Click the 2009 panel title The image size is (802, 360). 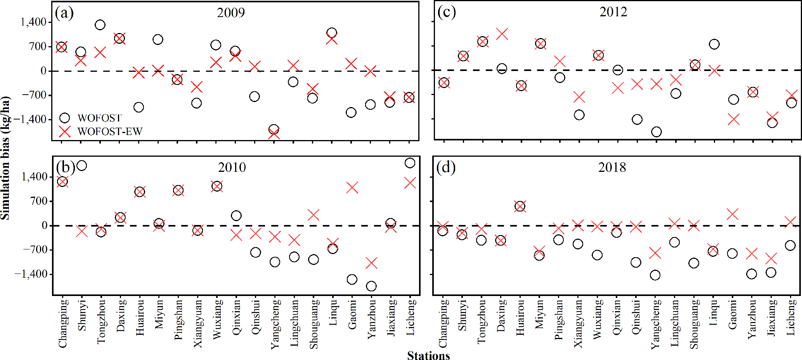(231, 13)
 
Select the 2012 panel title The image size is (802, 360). (613, 12)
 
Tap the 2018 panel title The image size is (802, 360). (612, 167)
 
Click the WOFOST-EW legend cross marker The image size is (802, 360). (64, 132)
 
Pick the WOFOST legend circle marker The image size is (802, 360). (64, 118)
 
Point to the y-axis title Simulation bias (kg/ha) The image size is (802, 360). (5, 158)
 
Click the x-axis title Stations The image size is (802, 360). (428, 355)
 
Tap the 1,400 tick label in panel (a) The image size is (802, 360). (34, 22)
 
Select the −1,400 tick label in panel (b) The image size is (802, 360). (31, 274)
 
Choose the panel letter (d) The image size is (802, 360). (446, 167)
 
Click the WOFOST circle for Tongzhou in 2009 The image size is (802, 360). (100, 25)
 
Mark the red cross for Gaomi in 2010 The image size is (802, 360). (352, 188)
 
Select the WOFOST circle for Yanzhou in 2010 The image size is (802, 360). (371, 286)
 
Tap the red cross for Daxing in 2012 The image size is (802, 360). (502, 34)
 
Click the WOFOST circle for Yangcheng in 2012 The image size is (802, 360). (656, 132)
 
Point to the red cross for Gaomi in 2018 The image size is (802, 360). (732, 214)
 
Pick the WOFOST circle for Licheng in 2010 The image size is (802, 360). (410, 163)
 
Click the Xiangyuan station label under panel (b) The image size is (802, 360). (197, 324)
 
